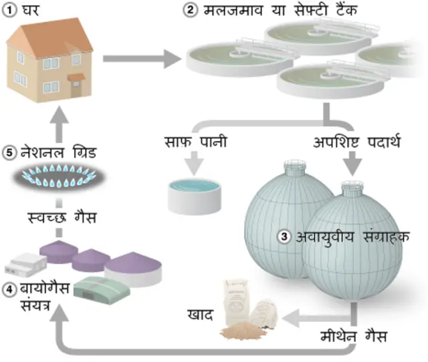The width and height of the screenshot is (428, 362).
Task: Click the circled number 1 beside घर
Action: click(x=10, y=10)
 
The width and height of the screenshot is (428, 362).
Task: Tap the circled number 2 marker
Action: click(x=191, y=10)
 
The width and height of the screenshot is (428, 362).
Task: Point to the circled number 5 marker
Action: click(x=10, y=152)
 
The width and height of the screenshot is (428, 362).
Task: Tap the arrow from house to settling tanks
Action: click(x=141, y=58)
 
